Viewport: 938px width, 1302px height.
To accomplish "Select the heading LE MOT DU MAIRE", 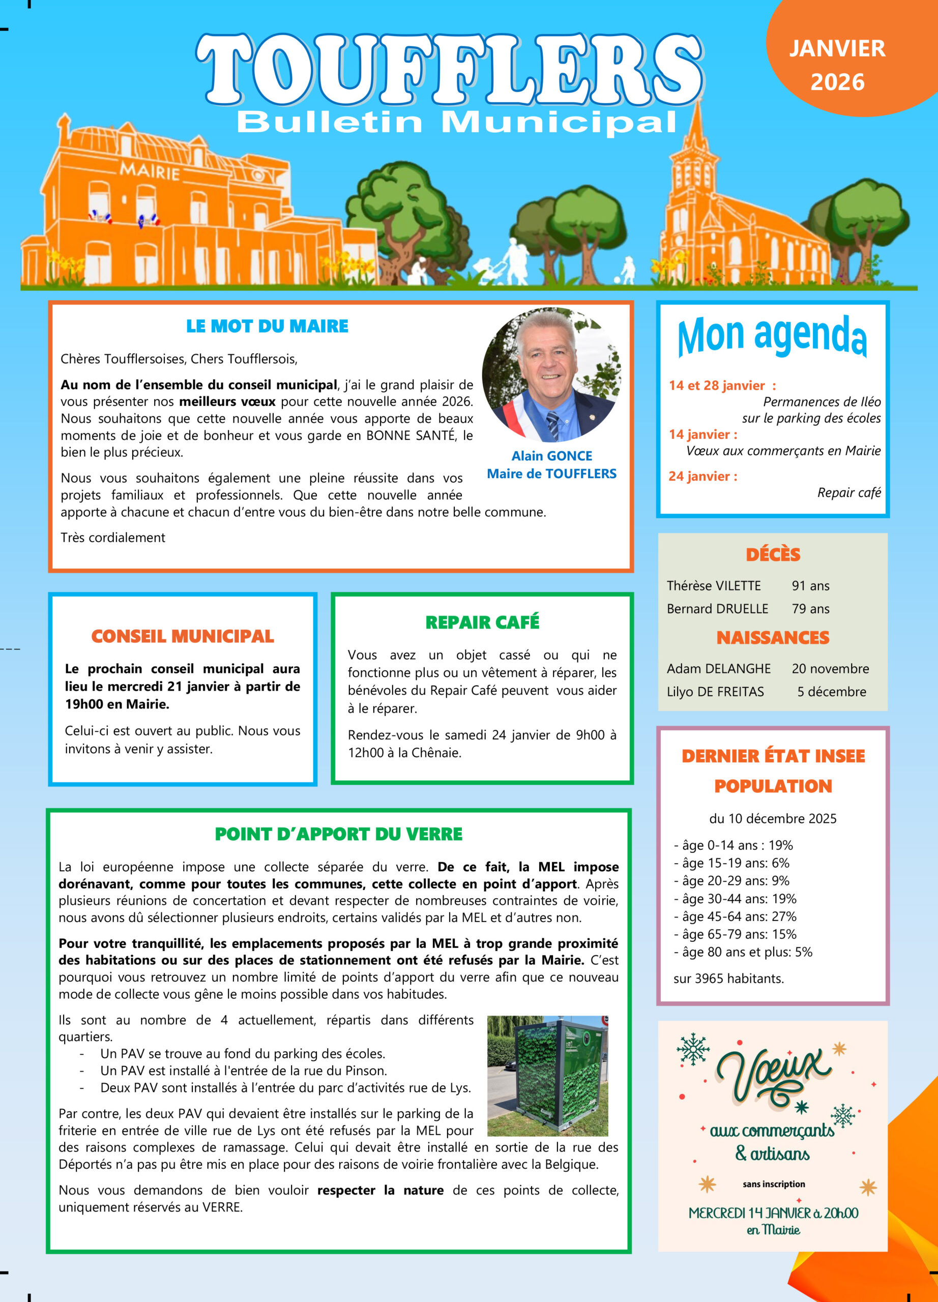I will (x=267, y=326).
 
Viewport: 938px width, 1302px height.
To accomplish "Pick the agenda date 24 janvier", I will (x=702, y=476).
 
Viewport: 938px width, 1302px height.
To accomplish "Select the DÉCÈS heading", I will (x=773, y=554).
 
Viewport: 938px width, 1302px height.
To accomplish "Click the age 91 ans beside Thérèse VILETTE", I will (x=810, y=585).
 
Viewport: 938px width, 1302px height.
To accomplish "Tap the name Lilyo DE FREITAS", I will (x=715, y=692).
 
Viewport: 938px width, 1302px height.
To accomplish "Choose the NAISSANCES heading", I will (x=773, y=638).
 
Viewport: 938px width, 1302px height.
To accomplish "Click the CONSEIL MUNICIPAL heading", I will (x=183, y=636).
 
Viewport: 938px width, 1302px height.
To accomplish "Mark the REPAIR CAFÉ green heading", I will (x=482, y=623).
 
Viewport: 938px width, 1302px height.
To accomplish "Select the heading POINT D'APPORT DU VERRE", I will (x=339, y=834).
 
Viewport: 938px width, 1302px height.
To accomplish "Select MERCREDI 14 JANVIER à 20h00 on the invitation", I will (x=773, y=1213).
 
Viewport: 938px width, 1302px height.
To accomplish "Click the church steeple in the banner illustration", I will (x=697, y=149).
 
